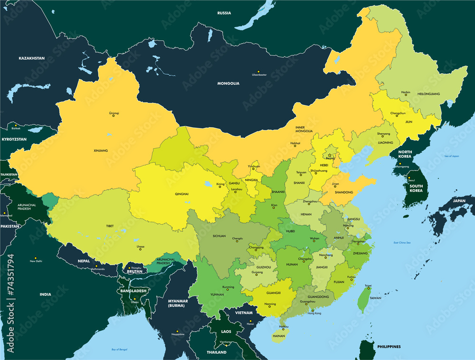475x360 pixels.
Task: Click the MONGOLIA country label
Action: click(x=228, y=84)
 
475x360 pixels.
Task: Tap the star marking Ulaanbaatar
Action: click(x=258, y=71)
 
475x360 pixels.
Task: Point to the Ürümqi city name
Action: click(x=114, y=113)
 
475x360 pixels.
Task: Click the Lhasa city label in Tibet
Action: click(x=140, y=247)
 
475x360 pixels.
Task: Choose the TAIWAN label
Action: click(x=375, y=298)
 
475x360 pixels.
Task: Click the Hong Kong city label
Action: click(x=314, y=313)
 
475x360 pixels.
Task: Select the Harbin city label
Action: click(x=406, y=92)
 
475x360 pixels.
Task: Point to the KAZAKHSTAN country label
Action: click(x=31, y=58)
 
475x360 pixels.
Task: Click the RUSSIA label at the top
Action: click(x=224, y=13)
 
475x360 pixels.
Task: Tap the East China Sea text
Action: click(x=389, y=243)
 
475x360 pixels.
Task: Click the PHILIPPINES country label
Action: click(x=389, y=347)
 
